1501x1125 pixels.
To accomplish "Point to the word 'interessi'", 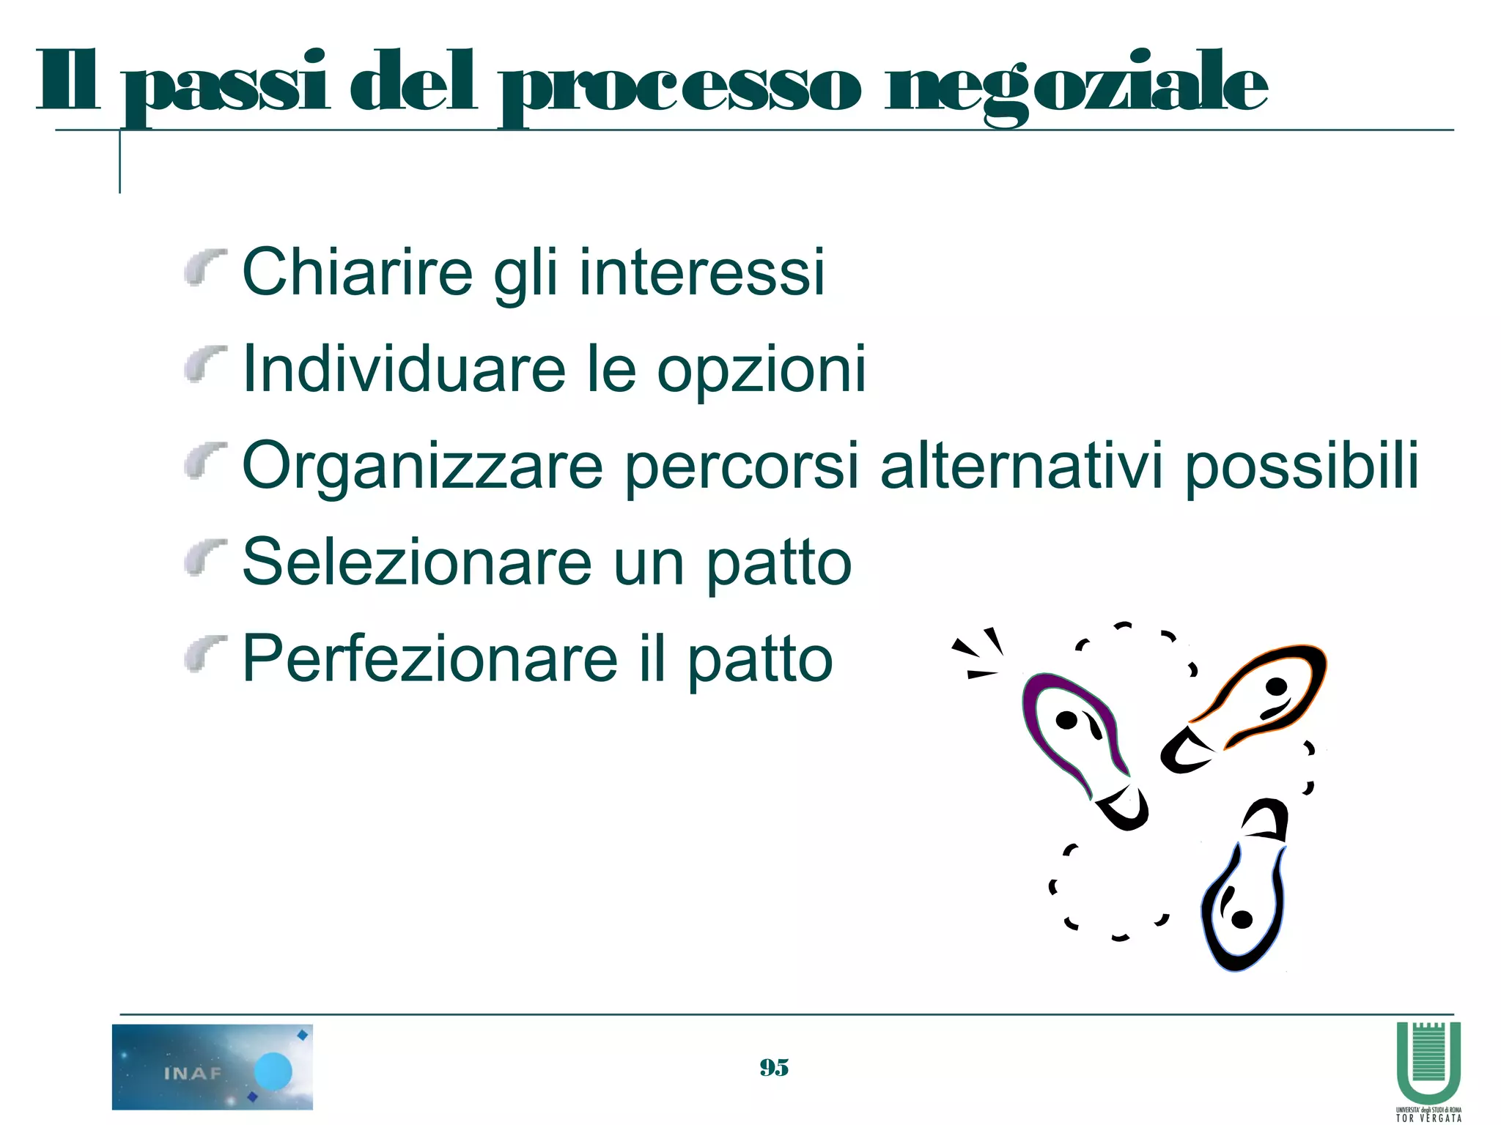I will point(701,272).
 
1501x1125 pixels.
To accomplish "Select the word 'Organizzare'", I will point(422,467).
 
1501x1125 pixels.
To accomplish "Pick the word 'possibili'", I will point(1302,467).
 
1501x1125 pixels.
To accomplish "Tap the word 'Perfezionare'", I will point(429,658).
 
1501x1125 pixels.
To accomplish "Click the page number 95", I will point(774,1068).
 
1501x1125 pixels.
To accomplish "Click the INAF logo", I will point(213,1066).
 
